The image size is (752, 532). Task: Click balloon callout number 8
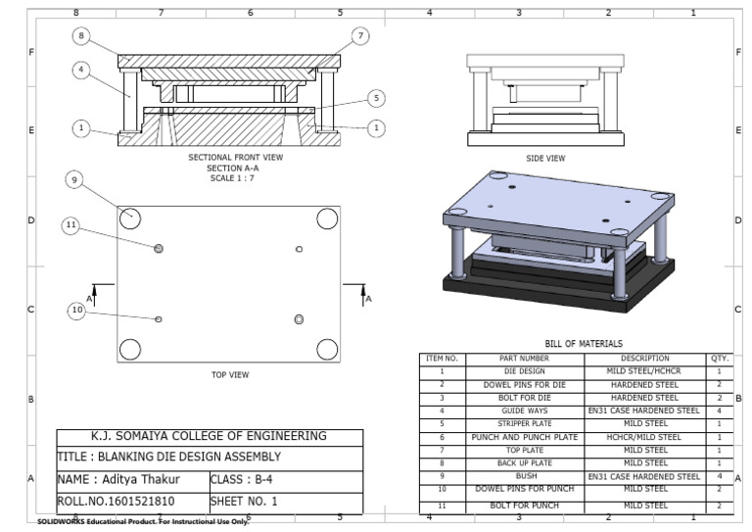(81, 35)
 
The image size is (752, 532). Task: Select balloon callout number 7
(361, 35)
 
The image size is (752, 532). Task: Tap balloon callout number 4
(81, 71)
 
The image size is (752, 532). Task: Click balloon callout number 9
(76, 179)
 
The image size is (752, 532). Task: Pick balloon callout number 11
(70, 224)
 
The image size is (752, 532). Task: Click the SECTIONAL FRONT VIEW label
(234, 157)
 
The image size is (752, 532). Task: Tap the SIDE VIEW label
(545, 158)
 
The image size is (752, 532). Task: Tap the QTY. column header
(719, 359)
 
